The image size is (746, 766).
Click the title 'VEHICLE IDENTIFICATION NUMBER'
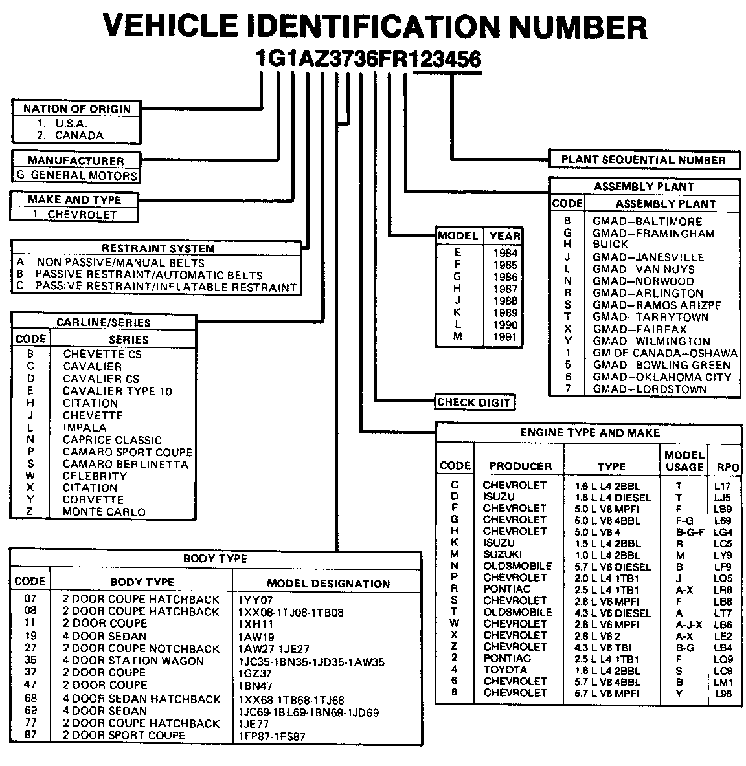pos(374,27)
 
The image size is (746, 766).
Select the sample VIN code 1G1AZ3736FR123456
pos(368,60)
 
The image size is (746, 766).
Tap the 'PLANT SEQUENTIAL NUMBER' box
pos(643,160)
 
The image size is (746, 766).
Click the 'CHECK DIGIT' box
pos(474,402)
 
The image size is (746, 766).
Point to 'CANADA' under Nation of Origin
pos(78,135)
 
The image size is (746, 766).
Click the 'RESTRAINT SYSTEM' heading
pos(158,248)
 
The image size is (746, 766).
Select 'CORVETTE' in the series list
pos(93,499)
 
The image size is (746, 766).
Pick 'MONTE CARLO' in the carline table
pos(104,512)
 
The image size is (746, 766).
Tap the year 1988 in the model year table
pos(504,301)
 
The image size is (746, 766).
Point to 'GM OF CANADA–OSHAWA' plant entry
pos(664,353)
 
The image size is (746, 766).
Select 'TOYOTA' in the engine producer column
pos(505,670)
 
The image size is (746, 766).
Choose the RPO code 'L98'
pos(723,694)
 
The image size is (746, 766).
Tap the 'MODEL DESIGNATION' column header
pos(328,583)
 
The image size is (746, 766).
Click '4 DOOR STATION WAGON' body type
pos(133,661)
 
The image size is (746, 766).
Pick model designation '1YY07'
pos(256,600)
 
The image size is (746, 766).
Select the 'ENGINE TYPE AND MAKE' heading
pos(590,433)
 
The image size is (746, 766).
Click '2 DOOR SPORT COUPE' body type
pos(124,736)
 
